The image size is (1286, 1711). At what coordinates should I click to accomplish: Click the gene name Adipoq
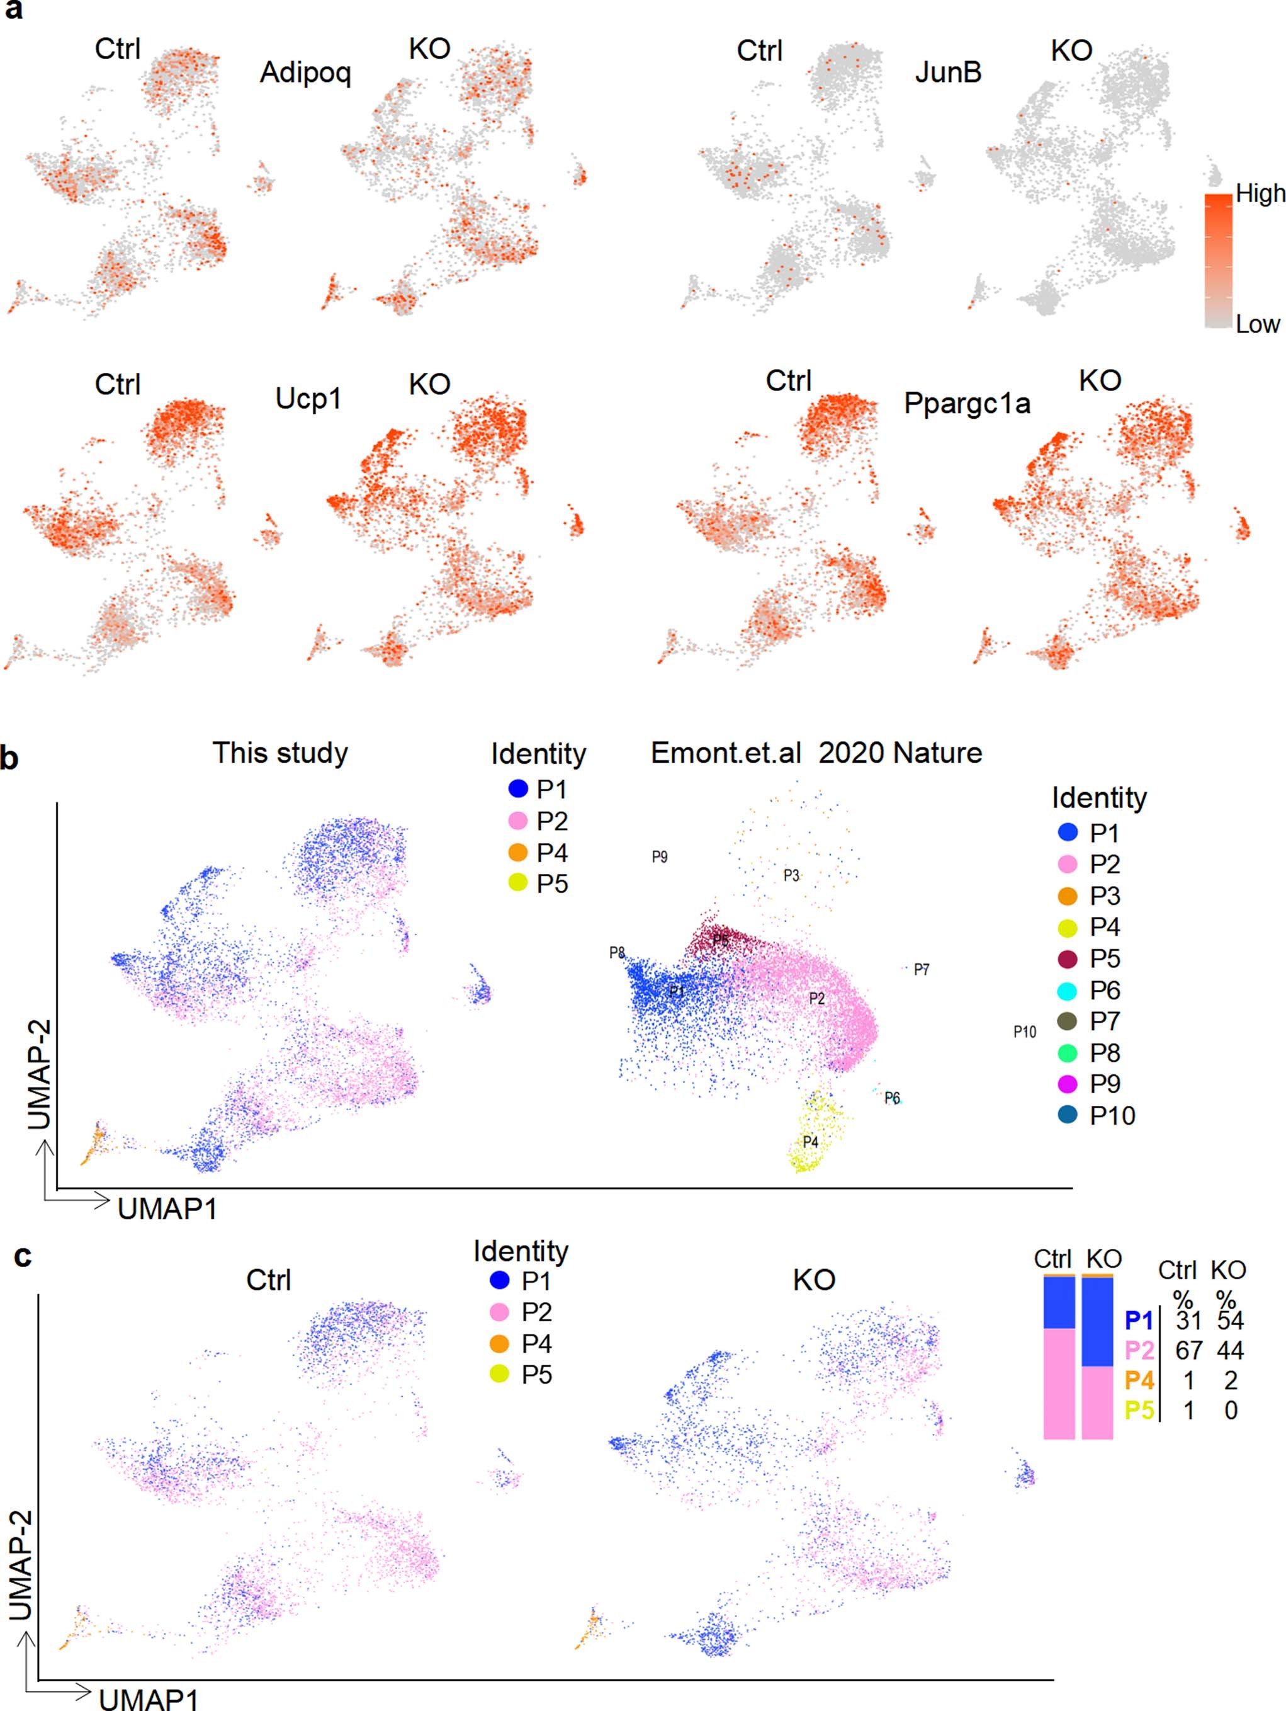pos(305,72)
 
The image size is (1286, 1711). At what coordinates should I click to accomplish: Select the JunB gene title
pos(948,72)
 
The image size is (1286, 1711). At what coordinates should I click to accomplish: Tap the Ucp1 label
pos(308,399)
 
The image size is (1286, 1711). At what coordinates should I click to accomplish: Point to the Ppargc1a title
pos(967,403)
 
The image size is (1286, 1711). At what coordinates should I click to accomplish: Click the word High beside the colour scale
pos(1260,193)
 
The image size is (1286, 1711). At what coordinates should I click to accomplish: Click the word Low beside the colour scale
pos(1258,324)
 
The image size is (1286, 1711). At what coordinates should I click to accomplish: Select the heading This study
pos(280,753)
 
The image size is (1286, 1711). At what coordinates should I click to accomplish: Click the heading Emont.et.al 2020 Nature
pos(816,753)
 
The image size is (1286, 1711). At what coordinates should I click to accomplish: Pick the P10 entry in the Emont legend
pos(1112,1115)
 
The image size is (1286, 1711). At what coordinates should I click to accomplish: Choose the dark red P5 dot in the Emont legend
pos(1067,958)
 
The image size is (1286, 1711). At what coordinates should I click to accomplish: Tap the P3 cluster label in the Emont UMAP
pos(791,875)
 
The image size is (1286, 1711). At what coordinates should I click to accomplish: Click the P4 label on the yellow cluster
pos(809,1142)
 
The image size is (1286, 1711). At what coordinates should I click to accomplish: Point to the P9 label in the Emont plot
pos(660,856)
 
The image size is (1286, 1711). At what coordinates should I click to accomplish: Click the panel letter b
pos(9,758)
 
